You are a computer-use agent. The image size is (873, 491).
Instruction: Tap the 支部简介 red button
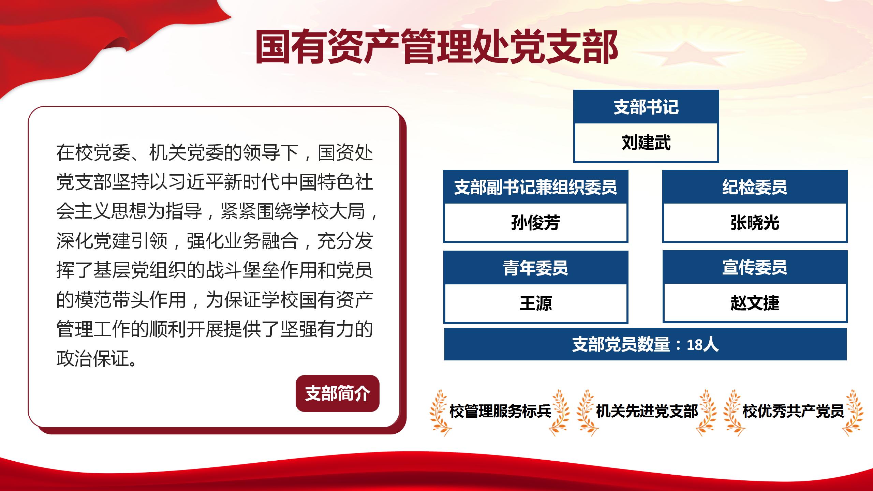click(337, 393)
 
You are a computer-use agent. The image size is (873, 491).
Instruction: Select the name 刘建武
click(646, 143)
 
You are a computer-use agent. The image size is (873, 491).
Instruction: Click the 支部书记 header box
click(646, 107)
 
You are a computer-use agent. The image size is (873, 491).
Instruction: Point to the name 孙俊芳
click(535, 223)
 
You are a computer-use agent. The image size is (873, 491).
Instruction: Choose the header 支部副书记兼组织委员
click(535, 187)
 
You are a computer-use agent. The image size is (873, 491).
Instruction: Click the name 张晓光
click(755, 223)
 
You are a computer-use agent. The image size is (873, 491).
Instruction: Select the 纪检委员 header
click(755, 187)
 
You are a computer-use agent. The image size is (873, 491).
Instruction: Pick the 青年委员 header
click(535, 268)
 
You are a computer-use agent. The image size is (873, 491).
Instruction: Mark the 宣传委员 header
click(755, 267)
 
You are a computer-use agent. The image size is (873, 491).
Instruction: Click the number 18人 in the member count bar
click(702, 345)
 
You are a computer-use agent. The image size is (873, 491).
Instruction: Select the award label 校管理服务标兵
click(500, 411)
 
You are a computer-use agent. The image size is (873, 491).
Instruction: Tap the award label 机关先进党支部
click(647, 411)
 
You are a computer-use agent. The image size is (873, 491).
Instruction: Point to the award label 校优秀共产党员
click(793, 411)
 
